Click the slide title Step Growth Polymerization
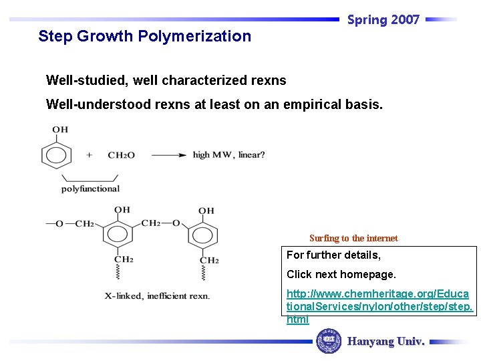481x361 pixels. click(x=144, y=36)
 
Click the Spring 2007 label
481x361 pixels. click(x=383, y=19)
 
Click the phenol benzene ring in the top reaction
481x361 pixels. click(x=56, y=154)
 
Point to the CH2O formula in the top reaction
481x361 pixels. click(x=121, y=155)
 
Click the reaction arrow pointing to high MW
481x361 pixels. click(x=168, y=155)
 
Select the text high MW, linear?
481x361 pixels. click(x=228, y=155)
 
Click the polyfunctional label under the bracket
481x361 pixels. click(x=90, y=189)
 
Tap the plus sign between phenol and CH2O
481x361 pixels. click(x=89, y=155)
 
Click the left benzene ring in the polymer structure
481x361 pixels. click(x=121, y=235)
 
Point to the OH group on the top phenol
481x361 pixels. click(x=60, y=130)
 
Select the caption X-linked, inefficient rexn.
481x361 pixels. click(x=157, y=295)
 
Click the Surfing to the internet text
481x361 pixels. click(x=353, y=238)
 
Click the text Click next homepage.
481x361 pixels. click(x=341, y=274)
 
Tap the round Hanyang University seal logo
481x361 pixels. click(x=328, y=341)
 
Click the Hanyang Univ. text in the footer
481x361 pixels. click(x=385, y=341)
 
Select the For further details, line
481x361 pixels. click(x=333, y=255)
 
